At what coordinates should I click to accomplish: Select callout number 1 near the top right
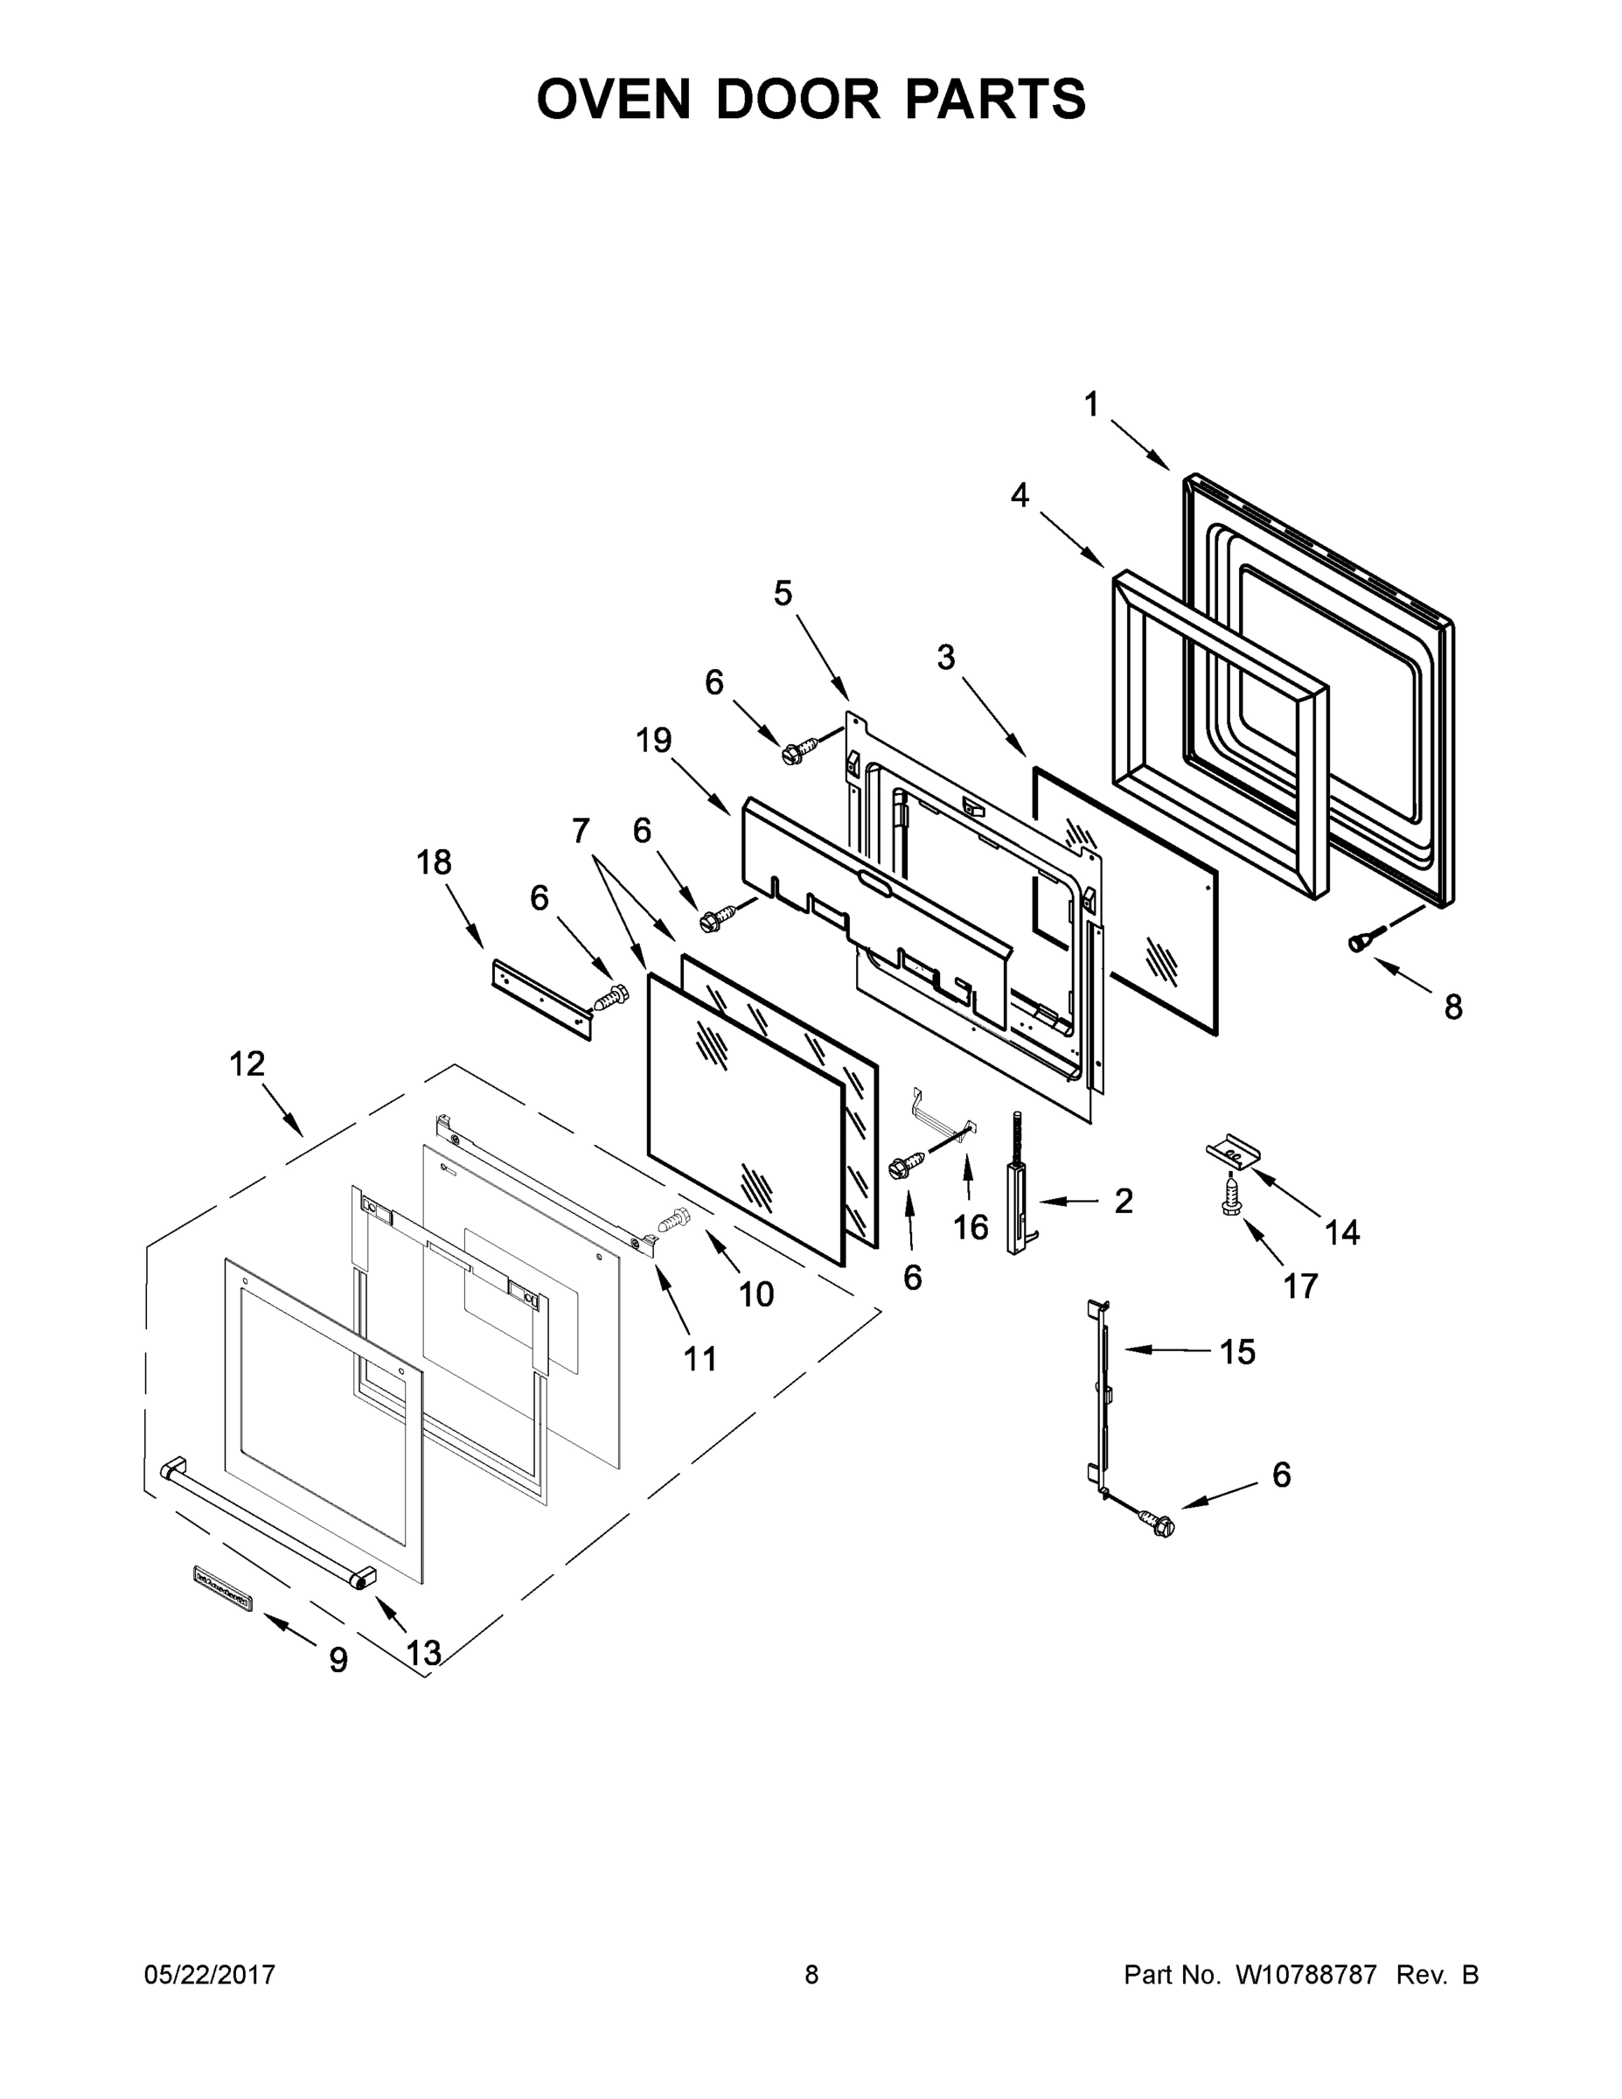coord(1090,406)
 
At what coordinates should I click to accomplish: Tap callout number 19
coord(653,740)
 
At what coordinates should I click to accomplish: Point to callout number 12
coord(247,1063)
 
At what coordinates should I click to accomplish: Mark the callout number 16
coord(971,1226)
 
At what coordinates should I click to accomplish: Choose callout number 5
coord(783,594)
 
